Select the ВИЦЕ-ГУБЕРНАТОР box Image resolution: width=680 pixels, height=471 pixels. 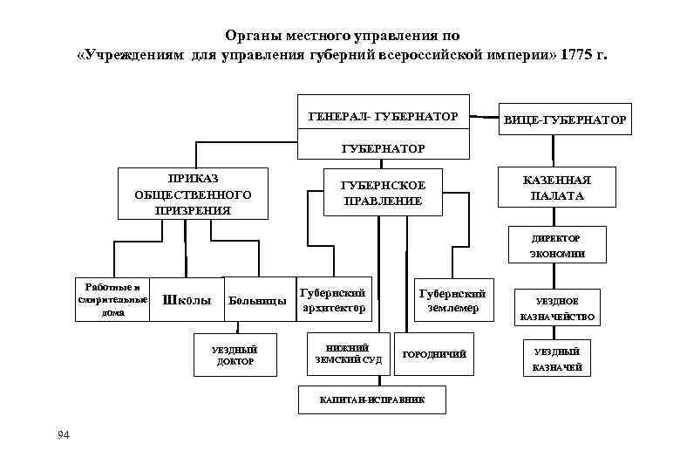click(565, 119)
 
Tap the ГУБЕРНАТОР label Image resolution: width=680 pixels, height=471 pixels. click(384, 148)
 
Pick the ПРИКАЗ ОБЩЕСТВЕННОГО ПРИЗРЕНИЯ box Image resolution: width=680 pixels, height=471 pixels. click(188, 193)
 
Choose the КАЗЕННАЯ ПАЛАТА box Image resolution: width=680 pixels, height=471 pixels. click(557, 188)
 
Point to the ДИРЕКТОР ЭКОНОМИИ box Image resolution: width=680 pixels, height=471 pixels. click(557, 246)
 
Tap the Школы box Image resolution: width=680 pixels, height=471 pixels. click(187, 300)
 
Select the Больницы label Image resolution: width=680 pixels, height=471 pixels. click(256, 302)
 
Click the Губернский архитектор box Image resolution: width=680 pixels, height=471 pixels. click(332, 300)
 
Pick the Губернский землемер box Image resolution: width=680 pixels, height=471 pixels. click(452, 300)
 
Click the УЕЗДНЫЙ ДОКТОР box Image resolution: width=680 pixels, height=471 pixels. click(235, 355)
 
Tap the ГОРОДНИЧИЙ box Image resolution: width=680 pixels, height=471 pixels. click(434, 354)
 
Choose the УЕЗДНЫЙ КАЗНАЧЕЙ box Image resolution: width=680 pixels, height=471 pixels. click(557, 359)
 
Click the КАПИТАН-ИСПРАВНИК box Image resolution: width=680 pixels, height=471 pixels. click(372, 400)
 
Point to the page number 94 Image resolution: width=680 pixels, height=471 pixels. click(61, 435)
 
